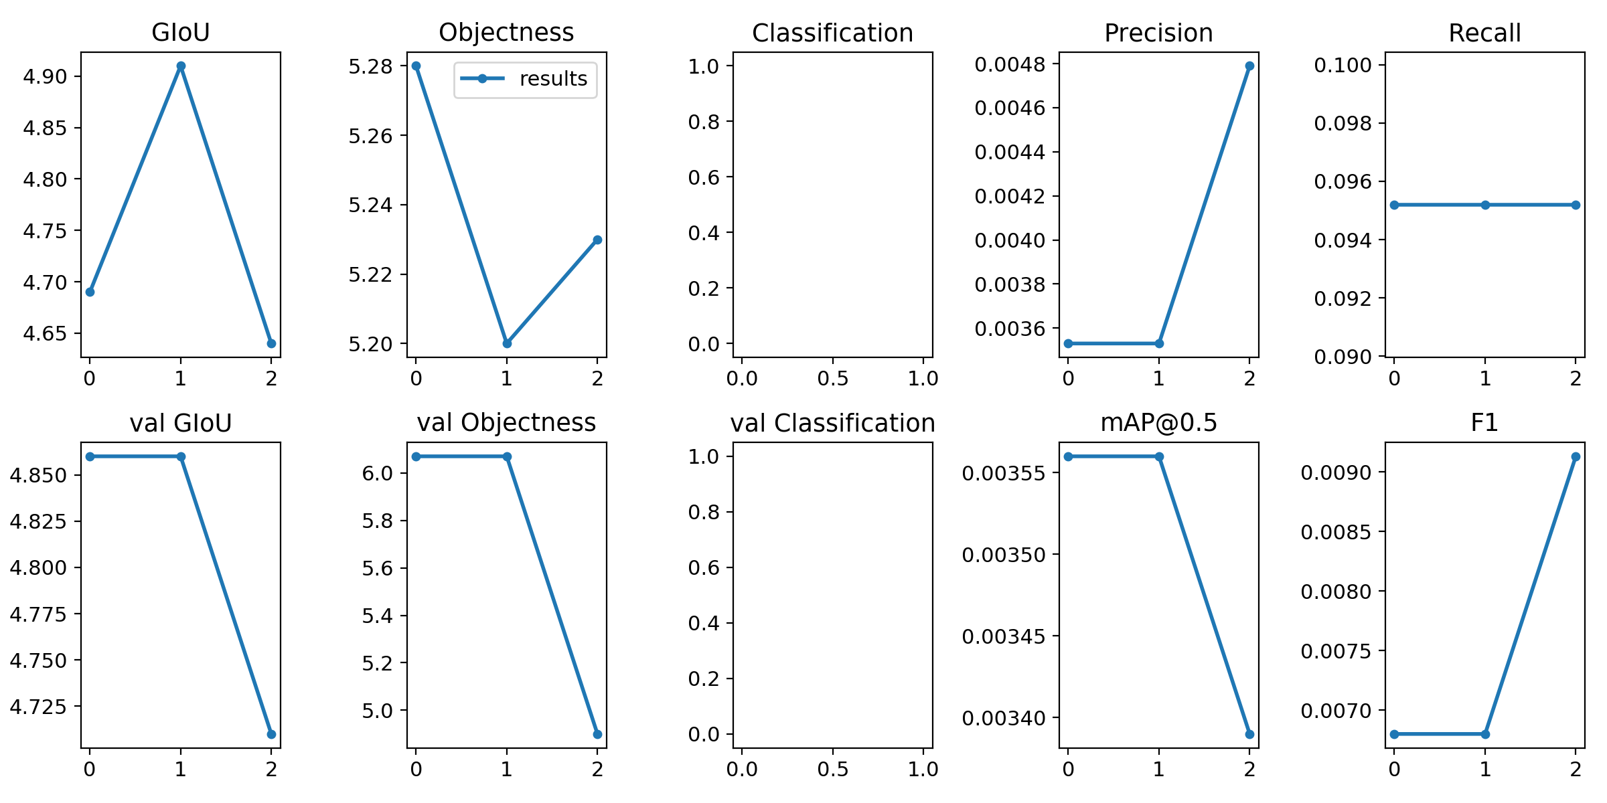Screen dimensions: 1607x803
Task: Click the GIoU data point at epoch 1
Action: (181, 66)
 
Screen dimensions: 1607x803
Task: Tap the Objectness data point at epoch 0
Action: (416, 66)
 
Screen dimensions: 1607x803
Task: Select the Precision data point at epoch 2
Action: (1249, 66)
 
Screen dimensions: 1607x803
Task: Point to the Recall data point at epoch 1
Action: (1485, 205)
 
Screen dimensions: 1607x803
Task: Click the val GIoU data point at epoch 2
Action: (271, 734)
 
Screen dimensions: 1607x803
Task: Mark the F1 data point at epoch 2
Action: (1576, 456)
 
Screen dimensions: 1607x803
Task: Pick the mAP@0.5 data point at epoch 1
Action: (1159, 456)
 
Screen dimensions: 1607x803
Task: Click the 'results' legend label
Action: (553, 79)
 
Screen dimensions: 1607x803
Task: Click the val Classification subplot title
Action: (832, 423)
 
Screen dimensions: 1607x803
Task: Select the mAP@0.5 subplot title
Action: (1158, 423)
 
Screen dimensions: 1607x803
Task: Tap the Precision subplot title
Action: (1158, 33)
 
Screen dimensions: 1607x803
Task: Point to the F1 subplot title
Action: (1484, 423)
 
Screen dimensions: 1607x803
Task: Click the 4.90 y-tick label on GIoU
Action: (46, 76)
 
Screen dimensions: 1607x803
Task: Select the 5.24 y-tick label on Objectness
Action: (371, 205)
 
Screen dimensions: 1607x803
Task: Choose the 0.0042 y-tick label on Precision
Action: (1010, 196)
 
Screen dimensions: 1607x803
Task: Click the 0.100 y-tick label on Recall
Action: (1343, 65)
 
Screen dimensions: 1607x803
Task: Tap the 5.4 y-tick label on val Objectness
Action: (378, 616)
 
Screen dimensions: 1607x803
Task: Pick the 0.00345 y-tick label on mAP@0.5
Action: (1004, 636)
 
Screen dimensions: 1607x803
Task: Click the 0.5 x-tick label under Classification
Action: (833, 379)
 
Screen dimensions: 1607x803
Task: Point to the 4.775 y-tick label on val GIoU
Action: (38, 614)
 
